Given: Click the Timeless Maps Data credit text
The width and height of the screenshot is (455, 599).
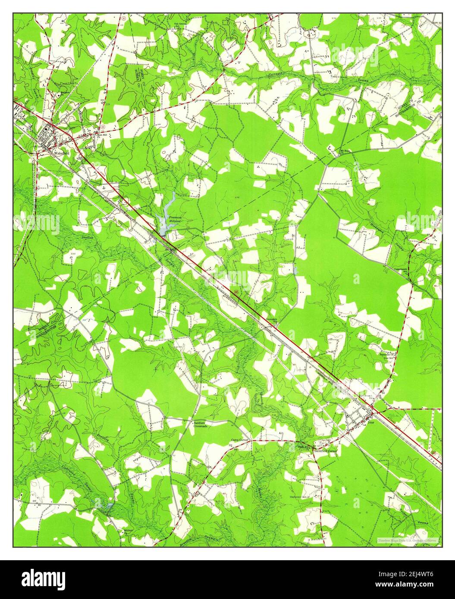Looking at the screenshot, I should click(x=408, y=540).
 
